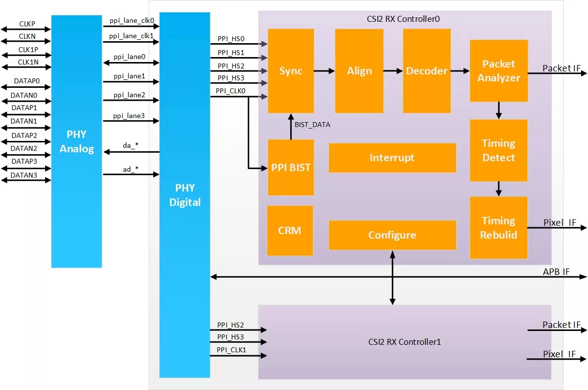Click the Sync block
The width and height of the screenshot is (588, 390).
pos(291,71)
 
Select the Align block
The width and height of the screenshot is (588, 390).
pos(359,71)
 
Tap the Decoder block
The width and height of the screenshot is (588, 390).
pos(426,71)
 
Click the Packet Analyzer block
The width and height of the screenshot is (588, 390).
pos(499,70)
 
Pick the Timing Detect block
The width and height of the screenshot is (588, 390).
pos(498,150)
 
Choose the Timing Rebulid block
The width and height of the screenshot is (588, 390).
pos(498,227)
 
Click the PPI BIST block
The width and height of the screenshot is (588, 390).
pos(291,167)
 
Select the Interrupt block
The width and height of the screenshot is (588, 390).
pos(392,158)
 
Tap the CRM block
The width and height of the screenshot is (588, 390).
pos(290,230)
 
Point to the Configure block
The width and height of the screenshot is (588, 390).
pos(392,235)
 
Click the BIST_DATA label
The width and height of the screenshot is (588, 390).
pos(312,125)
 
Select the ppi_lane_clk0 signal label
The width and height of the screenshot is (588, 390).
pos(131,21)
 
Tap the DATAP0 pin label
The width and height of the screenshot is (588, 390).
pos(27,81)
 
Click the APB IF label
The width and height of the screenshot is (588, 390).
pos(556,272)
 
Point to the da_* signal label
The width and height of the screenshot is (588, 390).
pos(130,145)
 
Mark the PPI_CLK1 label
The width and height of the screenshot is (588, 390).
pos(232,350)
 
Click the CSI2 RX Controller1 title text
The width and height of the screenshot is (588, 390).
pos(404,342)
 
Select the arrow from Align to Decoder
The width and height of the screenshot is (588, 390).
pos(393,70)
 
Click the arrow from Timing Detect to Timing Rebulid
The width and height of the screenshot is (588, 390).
pos(498,189)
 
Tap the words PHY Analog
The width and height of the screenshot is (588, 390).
pos(76,141)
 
